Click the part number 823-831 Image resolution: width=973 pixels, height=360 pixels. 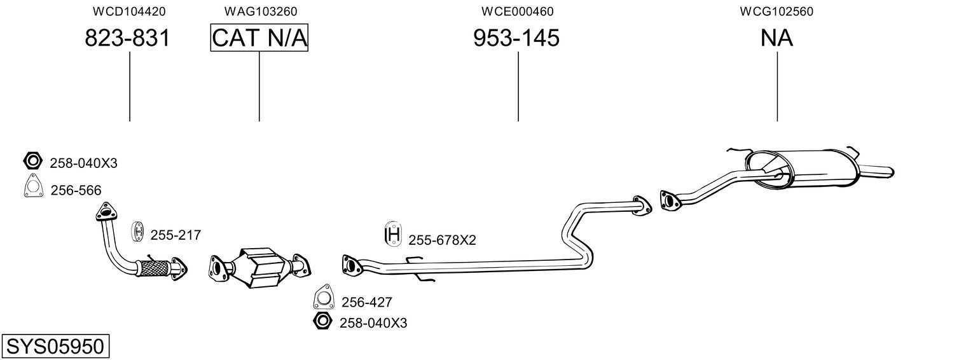click(128, 38)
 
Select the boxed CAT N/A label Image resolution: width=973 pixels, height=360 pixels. click(259, 38)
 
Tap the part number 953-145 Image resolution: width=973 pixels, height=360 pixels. click(516, 38)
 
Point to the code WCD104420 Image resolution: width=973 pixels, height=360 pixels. click(129, 11)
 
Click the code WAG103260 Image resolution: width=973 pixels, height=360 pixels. click(260, 11)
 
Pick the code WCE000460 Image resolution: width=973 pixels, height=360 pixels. click(517, 11)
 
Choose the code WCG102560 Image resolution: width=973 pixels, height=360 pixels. click(776, 11)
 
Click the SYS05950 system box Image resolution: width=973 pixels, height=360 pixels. click(55, 347)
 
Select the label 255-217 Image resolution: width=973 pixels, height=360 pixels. click(176, 235)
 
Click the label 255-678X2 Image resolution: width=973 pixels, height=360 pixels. click(442, 240)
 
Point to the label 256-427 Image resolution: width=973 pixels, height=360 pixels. click(367, 302)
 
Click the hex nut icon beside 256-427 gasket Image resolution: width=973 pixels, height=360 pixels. click(322, 322)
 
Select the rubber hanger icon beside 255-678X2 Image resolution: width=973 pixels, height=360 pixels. click(394, 235)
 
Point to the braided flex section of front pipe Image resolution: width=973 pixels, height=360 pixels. click(153, 267)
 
